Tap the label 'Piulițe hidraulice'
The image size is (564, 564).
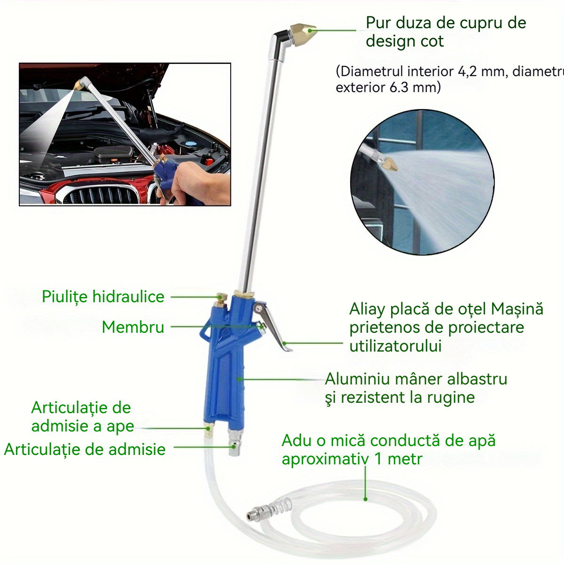(103, 297)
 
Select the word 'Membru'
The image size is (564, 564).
(133, 327)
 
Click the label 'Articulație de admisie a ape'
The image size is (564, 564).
(82, 417)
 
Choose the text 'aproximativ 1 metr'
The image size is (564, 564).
(352, 459)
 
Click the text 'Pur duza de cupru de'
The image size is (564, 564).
(446, 23)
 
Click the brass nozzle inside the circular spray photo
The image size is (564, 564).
(391, 164)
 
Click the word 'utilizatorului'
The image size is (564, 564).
(395, 346)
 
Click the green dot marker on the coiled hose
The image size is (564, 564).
(365, 499)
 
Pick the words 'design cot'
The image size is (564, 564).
(405, 41)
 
